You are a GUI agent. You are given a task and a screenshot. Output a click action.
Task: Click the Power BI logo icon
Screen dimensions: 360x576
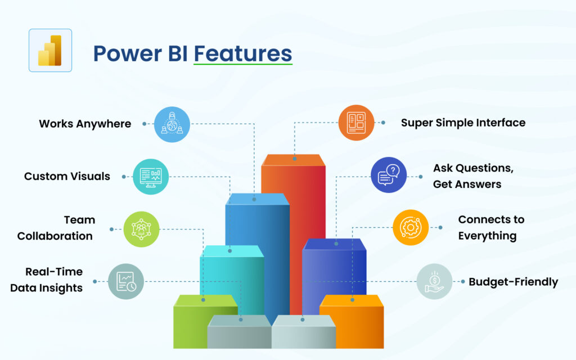pos(50,51)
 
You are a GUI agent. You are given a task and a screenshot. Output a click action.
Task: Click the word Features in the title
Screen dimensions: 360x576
pos(243,53)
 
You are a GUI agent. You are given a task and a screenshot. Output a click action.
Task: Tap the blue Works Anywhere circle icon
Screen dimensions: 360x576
pos(172,124)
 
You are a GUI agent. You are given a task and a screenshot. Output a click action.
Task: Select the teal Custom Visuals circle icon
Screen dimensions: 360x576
pos(151,177)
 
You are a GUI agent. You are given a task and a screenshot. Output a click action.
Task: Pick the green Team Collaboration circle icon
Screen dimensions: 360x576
pos(141,229)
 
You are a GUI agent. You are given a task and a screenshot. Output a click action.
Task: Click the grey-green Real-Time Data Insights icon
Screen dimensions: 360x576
pos(126,281)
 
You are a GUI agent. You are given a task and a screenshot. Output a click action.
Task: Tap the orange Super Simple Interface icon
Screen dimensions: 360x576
pos(356,123)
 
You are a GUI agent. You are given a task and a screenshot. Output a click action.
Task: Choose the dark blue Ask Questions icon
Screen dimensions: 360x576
pos(389,175)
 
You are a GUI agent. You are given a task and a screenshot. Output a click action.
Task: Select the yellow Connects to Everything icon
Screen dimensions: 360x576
pos(410,228)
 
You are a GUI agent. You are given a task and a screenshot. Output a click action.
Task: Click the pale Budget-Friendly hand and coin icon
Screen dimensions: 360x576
pos(434,281)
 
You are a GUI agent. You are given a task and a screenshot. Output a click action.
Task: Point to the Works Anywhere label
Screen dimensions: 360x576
pos(85,124)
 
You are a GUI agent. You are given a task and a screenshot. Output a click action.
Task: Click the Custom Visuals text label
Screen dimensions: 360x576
pos(67,177)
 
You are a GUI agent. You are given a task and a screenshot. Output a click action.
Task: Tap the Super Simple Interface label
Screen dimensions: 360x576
pos(463,123)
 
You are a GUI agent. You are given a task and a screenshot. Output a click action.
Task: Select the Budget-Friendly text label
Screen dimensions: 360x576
pos(513,282)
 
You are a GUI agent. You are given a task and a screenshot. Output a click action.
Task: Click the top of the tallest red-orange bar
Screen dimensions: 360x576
pos(294,159)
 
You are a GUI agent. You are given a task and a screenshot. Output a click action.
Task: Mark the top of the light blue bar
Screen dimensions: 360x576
pos(257,199)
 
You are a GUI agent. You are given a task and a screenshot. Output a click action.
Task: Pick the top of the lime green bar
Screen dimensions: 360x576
pos(205,300)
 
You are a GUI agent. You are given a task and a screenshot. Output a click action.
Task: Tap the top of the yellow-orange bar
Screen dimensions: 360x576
pos(352,300)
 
